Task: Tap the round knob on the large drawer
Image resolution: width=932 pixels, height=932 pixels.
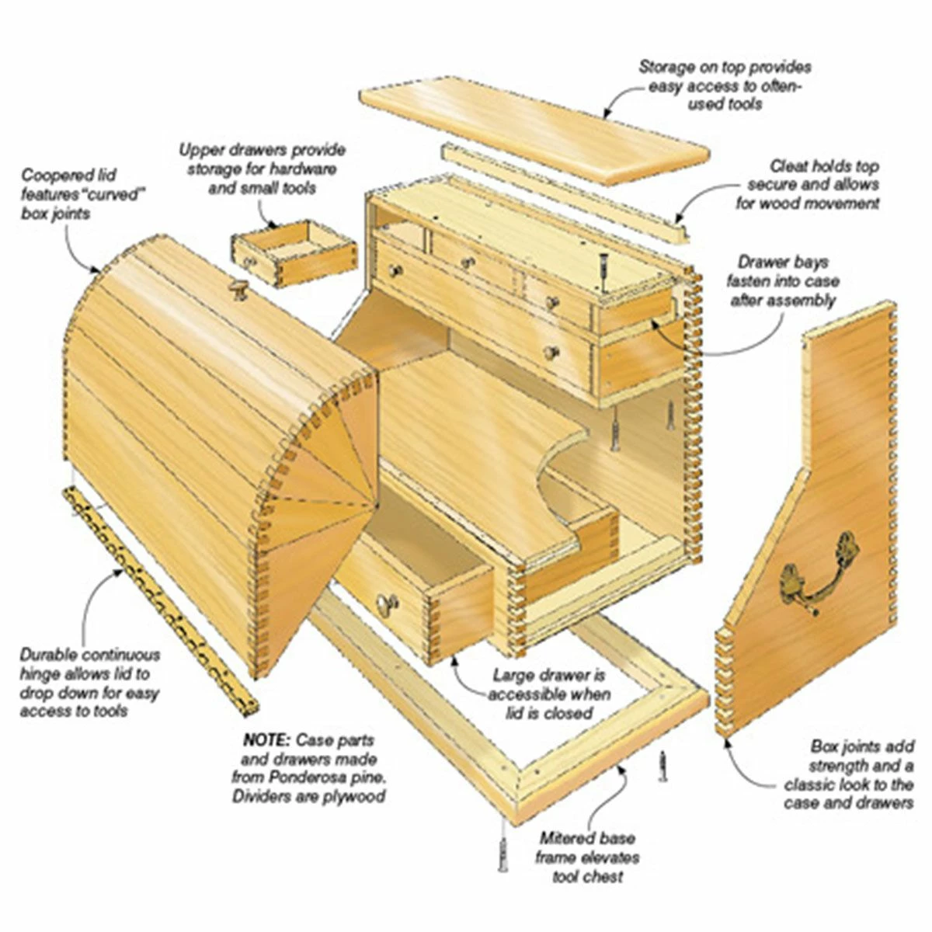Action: pos(386,603)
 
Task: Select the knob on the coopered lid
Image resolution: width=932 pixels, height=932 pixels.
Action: pos(237,290)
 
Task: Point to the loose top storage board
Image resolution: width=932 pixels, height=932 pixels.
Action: pos(536,128)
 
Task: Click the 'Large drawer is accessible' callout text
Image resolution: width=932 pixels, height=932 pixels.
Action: pos(548,694)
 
